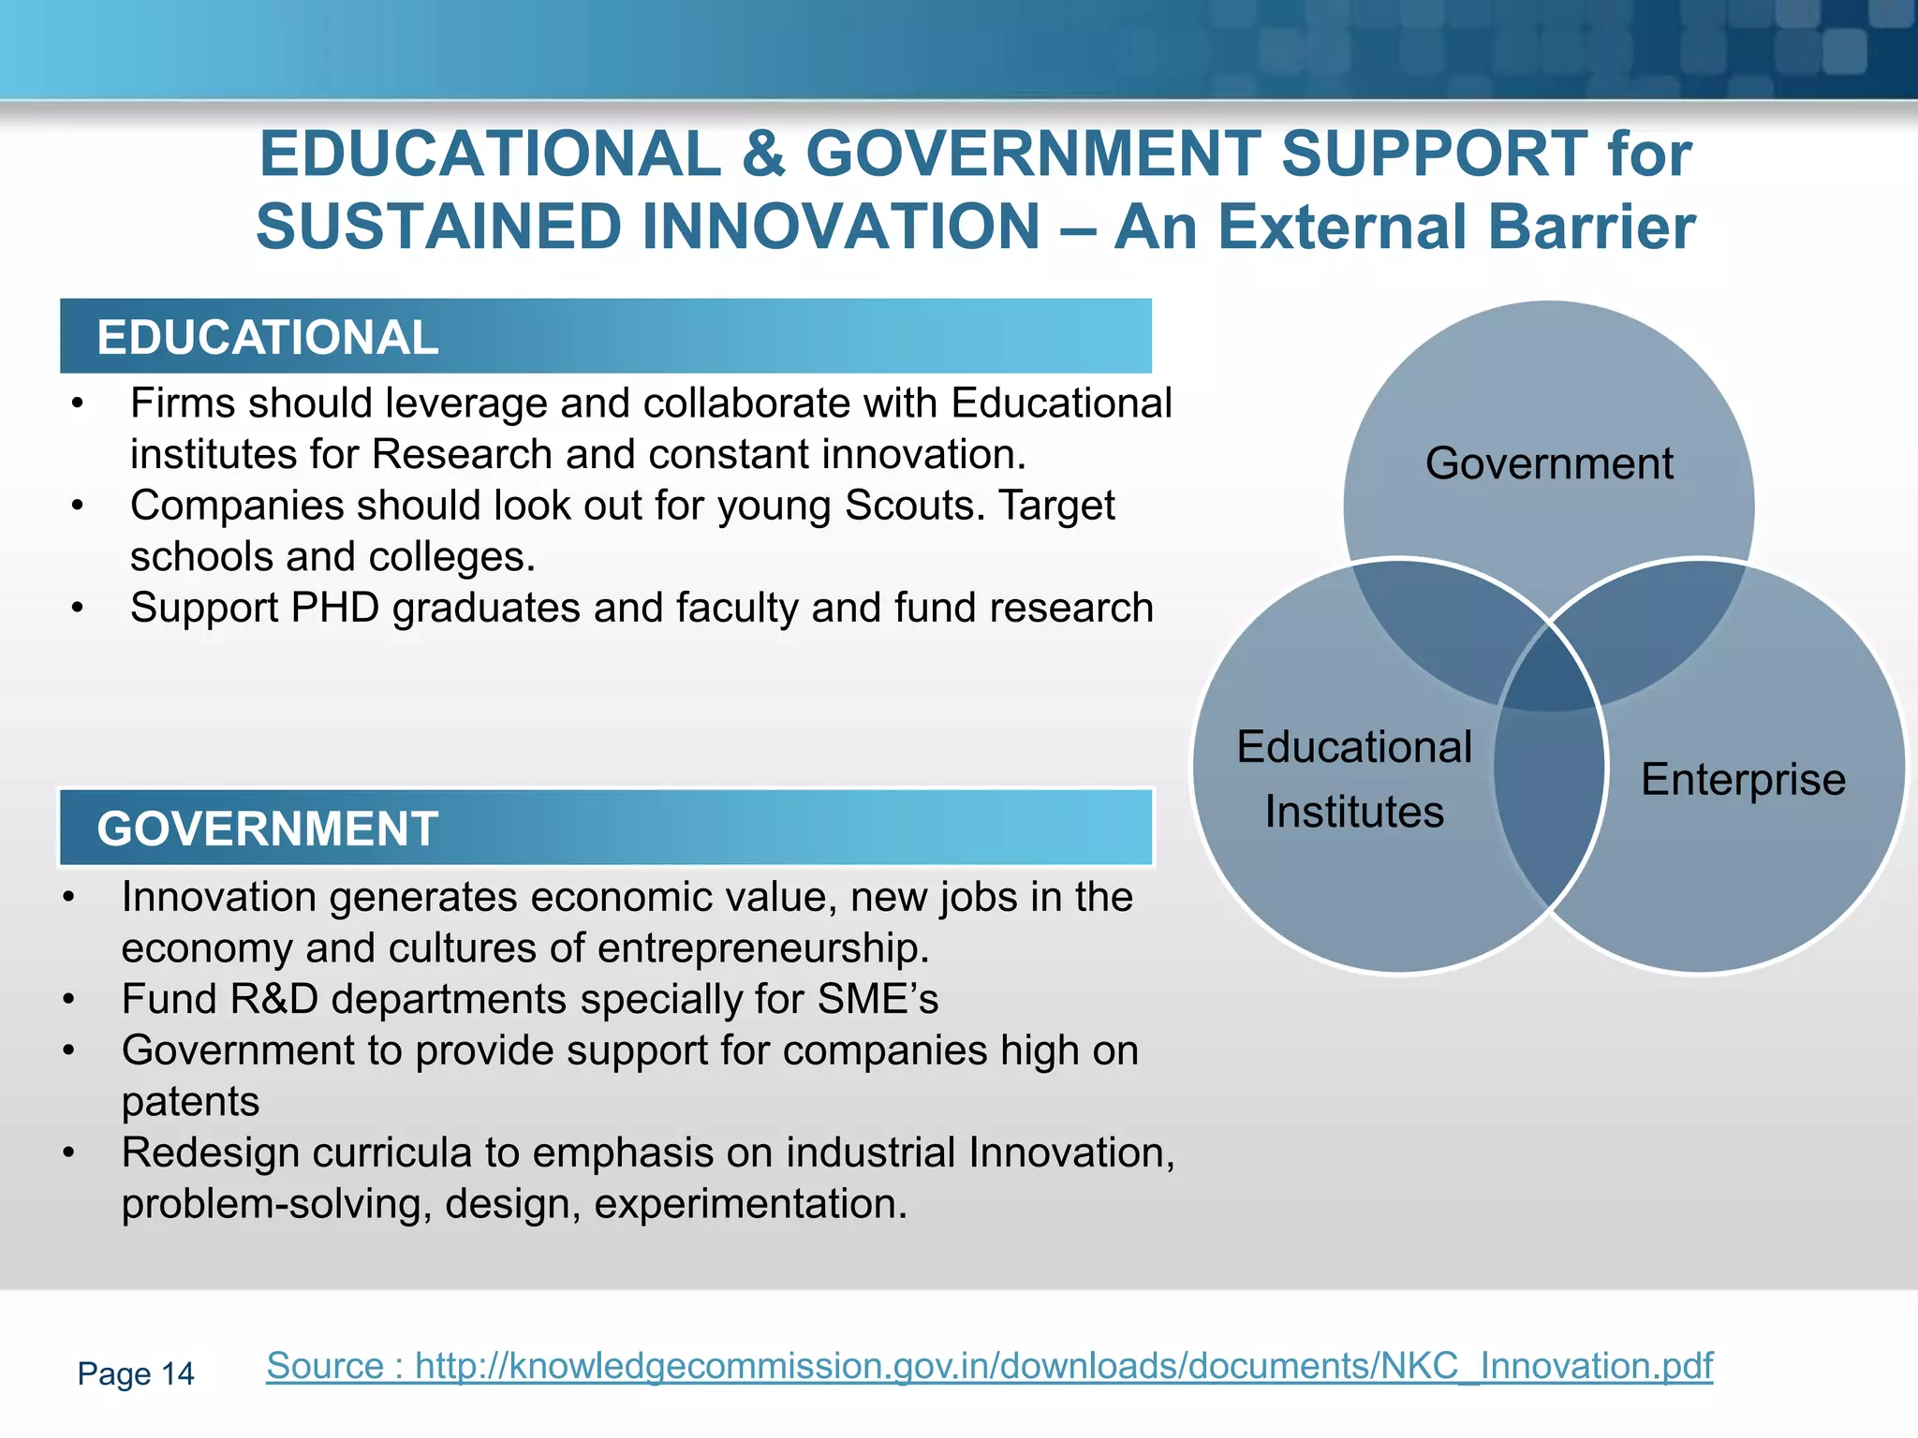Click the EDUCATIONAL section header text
[x=267, y=337]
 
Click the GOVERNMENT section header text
[x=267, y=829]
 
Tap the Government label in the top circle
[x=1549, y=463]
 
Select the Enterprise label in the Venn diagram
[x=1743, y=779]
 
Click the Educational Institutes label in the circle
[x=1354, y=779]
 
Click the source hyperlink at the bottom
[x=989, y=1366]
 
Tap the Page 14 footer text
[x=136, y=1373]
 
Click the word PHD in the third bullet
[x=334, y=608]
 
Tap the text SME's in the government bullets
[x=878, y=999]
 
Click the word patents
[x=190, y=1102]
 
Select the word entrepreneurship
[x=763, y=948]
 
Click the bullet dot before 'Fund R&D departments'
[x=68, y=1000]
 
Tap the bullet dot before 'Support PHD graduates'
[x=78, y=609]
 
